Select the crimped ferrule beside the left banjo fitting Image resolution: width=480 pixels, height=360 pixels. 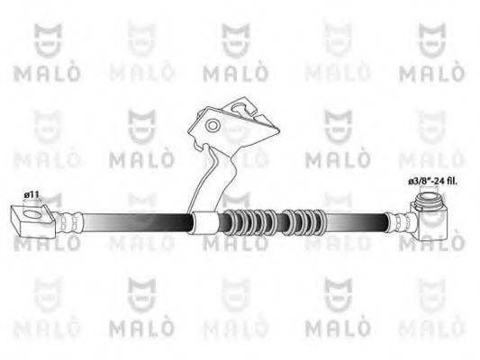click(71, 220)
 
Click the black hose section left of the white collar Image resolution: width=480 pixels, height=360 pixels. click(135, 221)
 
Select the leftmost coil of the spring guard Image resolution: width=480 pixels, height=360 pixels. click(229, 222)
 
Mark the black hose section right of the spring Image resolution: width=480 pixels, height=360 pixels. click(356, 222)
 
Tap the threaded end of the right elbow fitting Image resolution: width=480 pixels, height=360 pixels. click(431, 195)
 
